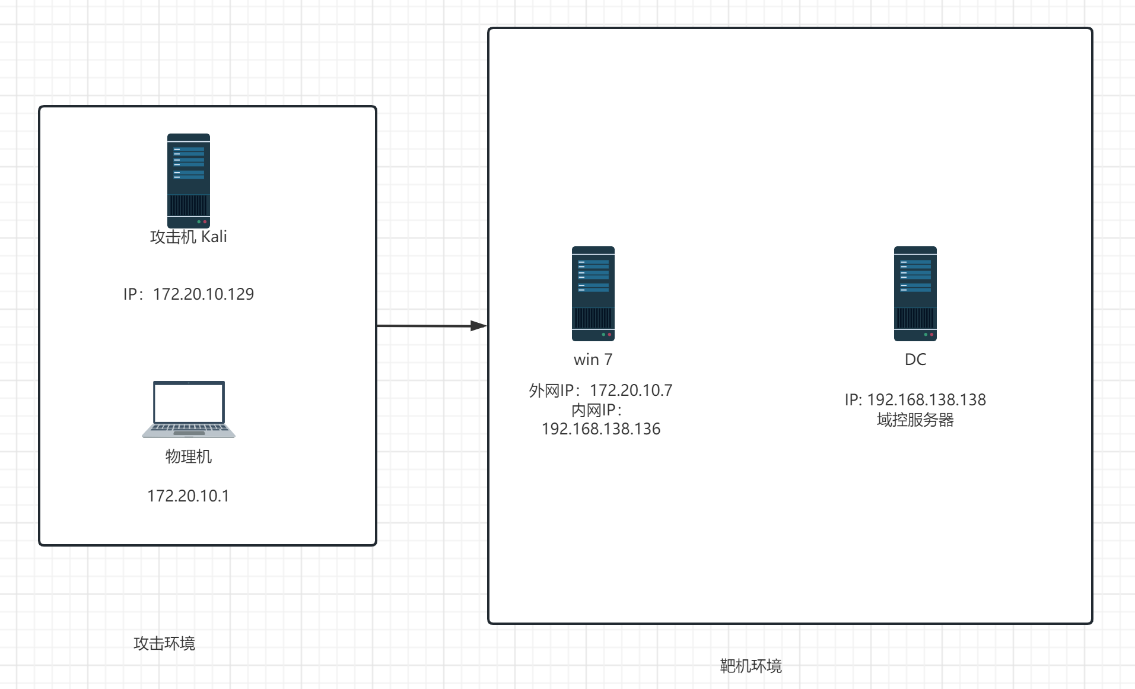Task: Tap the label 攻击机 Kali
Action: point(189,237)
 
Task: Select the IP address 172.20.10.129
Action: point(203,294)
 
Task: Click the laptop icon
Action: point(189,409)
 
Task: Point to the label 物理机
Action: point(189,456)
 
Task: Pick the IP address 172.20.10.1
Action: point(188,496)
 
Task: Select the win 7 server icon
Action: point(593,293)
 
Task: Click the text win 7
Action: point(593,360)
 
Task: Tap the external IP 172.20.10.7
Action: point(631,390)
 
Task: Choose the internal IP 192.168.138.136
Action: point(601,428)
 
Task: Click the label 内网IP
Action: point(596,409)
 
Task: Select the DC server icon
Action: point(915,293)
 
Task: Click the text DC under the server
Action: point(915,360)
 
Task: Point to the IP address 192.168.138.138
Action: point(926,399)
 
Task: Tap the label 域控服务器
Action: point(915,420)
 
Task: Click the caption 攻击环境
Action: point(164,643)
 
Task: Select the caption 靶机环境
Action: point(751,666)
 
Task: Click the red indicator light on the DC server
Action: point(931,335)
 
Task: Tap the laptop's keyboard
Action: point(189,428)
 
